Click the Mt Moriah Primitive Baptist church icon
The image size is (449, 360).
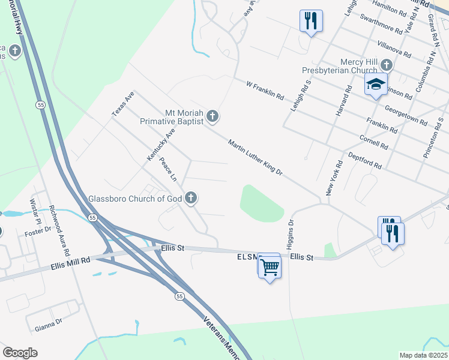212,116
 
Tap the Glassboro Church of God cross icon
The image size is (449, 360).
191,197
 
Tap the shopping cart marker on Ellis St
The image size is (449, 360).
270,266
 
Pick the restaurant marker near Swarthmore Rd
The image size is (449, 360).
311,21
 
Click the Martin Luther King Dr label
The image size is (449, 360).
255,157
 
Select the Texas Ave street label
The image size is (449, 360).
123,104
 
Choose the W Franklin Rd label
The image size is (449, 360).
264,89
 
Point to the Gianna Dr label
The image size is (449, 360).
49,325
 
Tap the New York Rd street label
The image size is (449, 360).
333,178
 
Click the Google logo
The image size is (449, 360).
20,353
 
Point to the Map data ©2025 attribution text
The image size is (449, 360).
423,355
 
